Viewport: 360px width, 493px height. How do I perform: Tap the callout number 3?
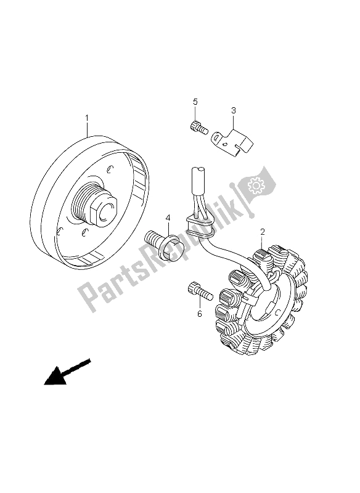(216, 111)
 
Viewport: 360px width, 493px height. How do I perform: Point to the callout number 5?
(194, 102)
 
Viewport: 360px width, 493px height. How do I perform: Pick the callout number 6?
(199, 314)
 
